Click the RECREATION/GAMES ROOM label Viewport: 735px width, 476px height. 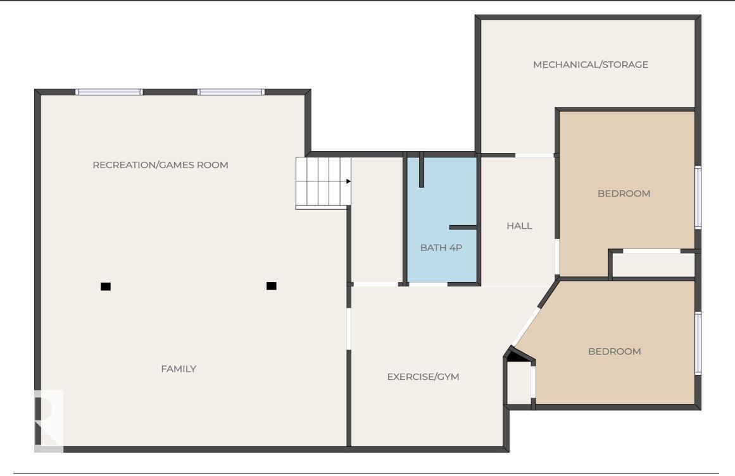click(x=160, y=165)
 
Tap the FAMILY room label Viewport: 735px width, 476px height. click(x=179, y=369)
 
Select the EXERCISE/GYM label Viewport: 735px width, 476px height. click(x=423, y=377)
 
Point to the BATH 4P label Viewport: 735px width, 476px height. click(x=441, y=248)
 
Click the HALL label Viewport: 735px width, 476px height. click(x=519, y=226)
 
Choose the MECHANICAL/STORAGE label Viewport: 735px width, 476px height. click(x=590, y=64)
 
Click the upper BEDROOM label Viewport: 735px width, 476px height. click(x=624, y=193)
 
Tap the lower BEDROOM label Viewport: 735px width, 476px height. click(x=614, y=351)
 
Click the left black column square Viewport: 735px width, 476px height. click(x=106, y=286)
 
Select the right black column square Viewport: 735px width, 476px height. click(x=272, y=286)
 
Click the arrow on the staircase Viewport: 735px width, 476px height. click(x=348, y=181)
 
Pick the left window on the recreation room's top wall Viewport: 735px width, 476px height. click(x=109, y=92)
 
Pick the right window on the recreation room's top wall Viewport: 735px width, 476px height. click(x=230, y=92)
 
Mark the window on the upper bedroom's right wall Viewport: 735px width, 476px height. click(x=698, y=197)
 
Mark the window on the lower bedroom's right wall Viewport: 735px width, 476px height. click(x=698, y=343)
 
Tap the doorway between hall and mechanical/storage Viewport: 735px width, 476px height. click(x=534, y=155)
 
